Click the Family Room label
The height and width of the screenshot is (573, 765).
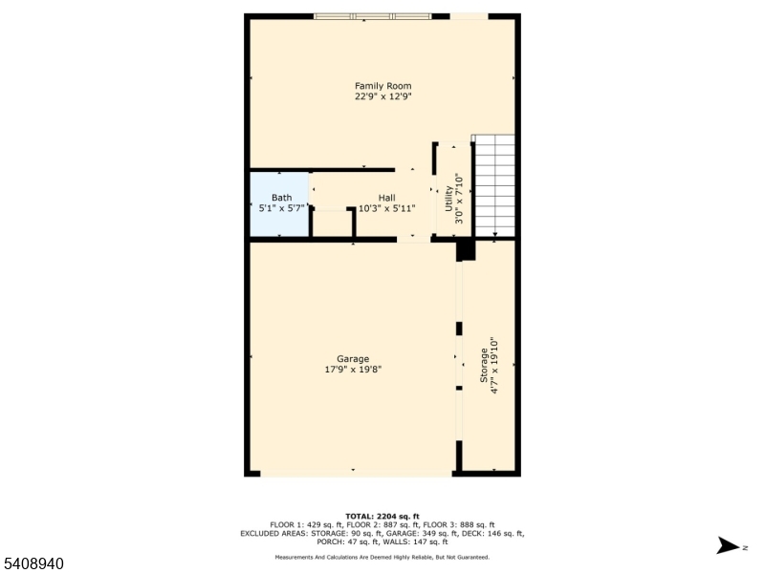point(382,86)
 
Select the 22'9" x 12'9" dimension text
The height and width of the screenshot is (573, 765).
point(382,95)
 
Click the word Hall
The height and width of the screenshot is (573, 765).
point(386,198)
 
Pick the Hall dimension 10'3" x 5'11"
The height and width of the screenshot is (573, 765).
point(386,207)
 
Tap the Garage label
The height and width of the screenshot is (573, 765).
point(353,359)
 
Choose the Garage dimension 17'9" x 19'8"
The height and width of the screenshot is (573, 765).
point(353,369)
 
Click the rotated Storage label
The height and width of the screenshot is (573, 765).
point(484,365)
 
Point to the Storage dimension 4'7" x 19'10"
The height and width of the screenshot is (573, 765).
point(494,365)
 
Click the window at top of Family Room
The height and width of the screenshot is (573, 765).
point(372,16)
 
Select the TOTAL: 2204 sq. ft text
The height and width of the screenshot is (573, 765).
point(382,516)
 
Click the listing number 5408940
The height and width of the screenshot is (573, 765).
point(33,564)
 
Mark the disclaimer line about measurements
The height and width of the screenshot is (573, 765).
point(382,556)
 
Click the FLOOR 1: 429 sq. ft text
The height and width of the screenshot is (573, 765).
point(304,525)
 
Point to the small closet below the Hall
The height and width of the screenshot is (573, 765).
point(333,222)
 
